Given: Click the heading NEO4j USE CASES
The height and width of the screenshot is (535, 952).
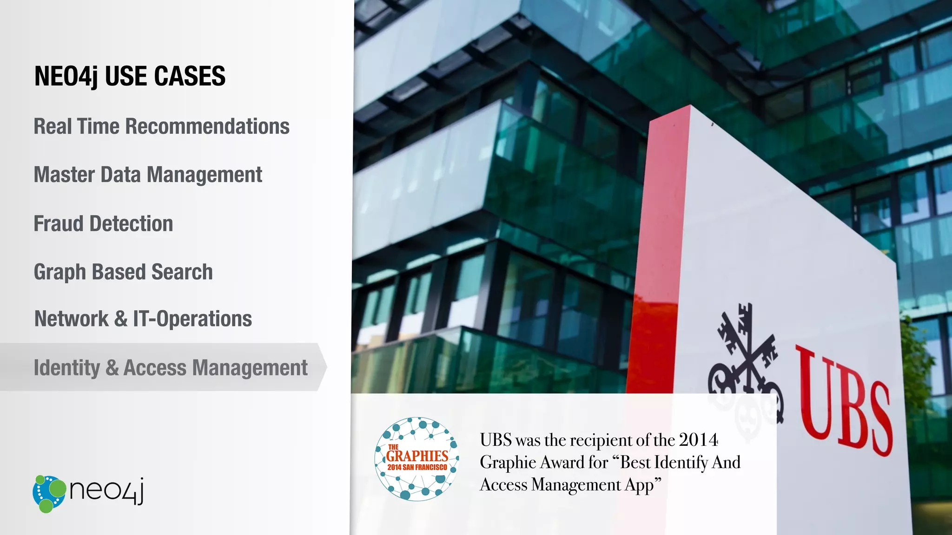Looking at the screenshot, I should point(130,76).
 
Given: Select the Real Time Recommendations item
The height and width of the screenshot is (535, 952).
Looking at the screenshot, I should point(161,126).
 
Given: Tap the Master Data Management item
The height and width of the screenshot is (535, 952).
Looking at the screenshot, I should point(148,175).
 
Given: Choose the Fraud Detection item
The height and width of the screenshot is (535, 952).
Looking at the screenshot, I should point(103,223).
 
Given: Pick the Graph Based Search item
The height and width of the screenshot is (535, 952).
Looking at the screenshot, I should point(123,272).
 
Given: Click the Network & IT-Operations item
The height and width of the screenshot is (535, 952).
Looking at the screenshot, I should point(143,319).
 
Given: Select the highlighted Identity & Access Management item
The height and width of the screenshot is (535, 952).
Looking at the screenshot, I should point(171,368).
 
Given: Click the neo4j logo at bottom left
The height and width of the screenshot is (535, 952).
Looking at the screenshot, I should point(88,493).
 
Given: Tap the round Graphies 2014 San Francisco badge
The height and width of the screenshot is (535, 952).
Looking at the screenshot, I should point(416,459).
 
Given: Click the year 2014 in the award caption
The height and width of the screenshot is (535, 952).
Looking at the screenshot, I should point(698,440).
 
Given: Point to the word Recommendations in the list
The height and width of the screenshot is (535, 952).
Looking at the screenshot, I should point(207,126).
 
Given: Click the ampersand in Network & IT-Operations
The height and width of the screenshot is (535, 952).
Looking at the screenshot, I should point(120,319).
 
